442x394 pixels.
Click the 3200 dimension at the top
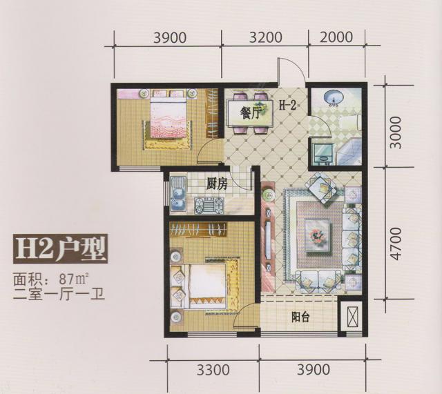pos(265,37)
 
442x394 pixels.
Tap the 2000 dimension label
pos(336,37)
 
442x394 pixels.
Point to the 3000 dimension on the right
pos(394,132)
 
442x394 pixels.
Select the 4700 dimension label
pos(394,244)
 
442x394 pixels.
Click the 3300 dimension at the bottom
pos(213,370)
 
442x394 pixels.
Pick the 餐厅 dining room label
pos(249,114)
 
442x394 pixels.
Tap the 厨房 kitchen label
pos(216,184)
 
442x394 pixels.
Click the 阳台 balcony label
pos(300,317)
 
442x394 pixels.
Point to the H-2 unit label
pos(288,106)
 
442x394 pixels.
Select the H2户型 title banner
pos(60,249)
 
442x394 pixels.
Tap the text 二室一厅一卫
pos(59,295)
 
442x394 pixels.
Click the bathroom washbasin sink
pos(334,98)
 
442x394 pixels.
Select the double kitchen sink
pos(178,194)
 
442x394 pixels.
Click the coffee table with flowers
pos(318,235)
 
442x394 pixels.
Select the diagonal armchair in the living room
pos(322,188)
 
